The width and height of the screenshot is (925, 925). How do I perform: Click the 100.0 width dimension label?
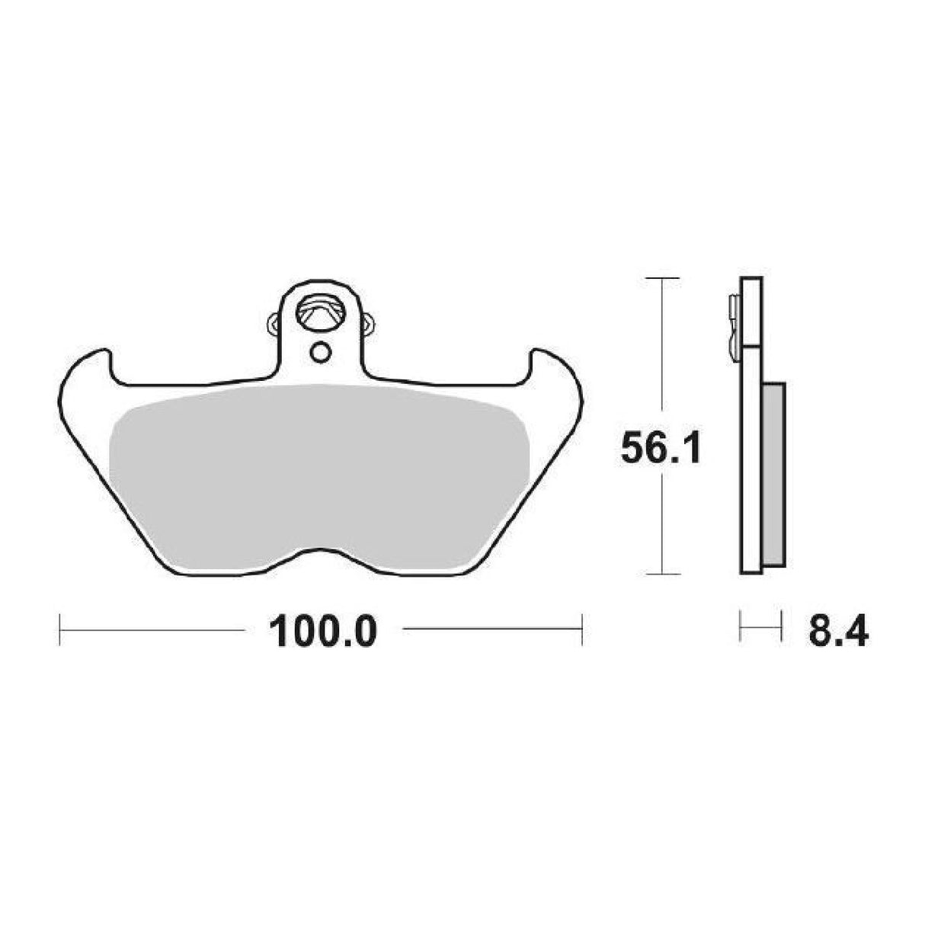pos(323,631)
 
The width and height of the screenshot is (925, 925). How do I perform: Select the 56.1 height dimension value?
pos(660,450)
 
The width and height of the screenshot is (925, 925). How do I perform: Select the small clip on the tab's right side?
pos(369,323)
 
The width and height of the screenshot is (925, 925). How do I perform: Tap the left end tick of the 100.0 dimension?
pos(60,629)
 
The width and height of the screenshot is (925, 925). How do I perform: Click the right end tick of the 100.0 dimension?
pos(582,629)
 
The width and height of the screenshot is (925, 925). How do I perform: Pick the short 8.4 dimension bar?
pos(760,629)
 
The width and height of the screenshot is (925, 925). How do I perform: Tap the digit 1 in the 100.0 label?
pos(280,631)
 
